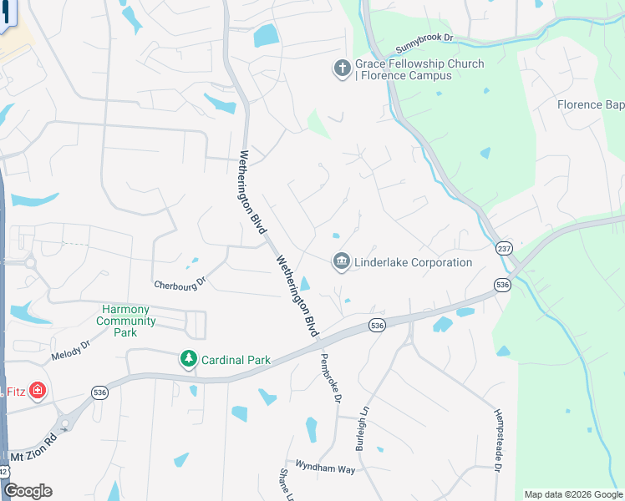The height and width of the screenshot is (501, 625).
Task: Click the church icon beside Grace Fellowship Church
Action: pos(342,68)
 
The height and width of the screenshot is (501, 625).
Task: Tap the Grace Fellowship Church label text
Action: pos(408,69)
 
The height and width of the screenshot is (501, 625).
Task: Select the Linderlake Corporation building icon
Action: pos(341,262)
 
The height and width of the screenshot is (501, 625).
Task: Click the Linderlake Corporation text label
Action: pos(414,262)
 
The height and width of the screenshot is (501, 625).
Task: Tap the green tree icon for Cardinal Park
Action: pos(190,360)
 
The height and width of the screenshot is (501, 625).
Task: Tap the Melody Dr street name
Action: pos(69,354)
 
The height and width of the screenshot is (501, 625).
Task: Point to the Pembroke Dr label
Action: pos(329,378)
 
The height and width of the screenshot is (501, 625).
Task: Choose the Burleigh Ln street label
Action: pos(362,428)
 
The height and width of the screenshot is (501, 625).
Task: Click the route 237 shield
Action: pos(504,249)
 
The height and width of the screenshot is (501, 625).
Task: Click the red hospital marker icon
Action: pos(37,390)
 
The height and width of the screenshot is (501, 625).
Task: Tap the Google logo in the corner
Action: pos(28,491)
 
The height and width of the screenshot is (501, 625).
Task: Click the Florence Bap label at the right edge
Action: pos(591,104)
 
